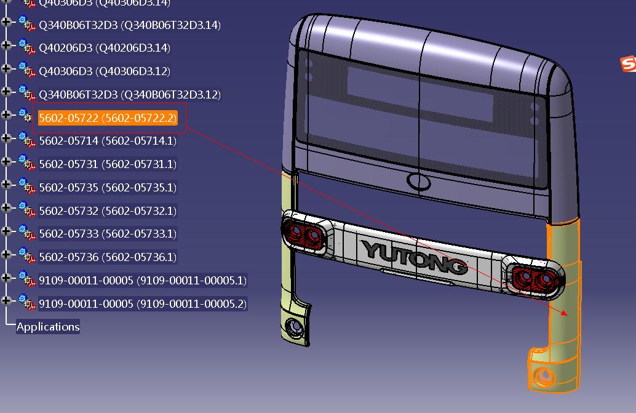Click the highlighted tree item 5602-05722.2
click(x=108, y=118)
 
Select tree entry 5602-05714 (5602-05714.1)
click(x=108, y=141)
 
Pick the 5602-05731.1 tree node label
click(x=108, y=164)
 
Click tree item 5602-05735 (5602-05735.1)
click(x=108, y=188)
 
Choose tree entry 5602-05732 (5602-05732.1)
click(x=108, y=211)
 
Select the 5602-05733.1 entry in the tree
click(x=108, y=234)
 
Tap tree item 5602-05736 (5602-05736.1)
click(x=108, y=257)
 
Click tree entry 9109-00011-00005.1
click(x=142, y=281)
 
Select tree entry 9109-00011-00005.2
click(x=142, y=304)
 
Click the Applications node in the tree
click(x=48, y=327)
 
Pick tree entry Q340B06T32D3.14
click(x=129, y=25)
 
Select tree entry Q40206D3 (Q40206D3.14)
click(x=105, y=48)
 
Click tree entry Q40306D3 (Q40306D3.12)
click(x=105, y=71)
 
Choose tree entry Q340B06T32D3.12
click(x=129, y=95)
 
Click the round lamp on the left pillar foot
click(x=296, y=326)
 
